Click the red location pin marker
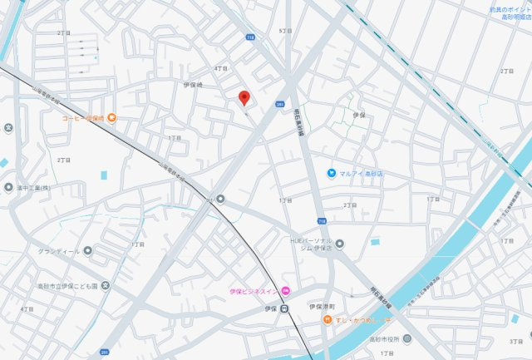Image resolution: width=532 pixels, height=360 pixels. [244, 98]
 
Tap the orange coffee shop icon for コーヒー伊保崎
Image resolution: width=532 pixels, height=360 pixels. [111, 118]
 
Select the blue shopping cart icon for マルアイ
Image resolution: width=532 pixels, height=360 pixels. [331, 173]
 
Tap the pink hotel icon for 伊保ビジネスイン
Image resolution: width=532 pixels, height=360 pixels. [285, 290]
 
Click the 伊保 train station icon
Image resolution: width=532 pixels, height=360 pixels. [284, 308]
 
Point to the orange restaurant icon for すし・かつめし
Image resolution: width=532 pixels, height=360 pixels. [328, 320]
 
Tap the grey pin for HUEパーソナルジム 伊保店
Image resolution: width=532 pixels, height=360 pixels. [339, 243]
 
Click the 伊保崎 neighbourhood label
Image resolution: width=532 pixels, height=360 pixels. [193, 85]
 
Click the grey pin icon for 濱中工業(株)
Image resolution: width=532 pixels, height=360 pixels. [8, 187]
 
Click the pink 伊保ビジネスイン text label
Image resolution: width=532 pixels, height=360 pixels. [254, 291]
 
